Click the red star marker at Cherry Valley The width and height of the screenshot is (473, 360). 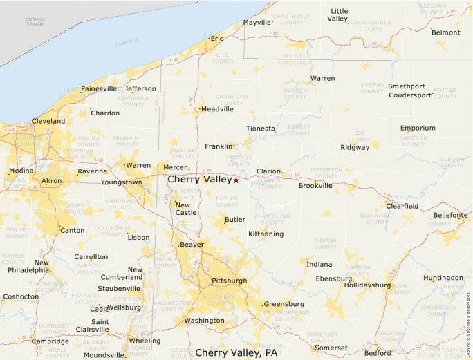click(x=236, y=180)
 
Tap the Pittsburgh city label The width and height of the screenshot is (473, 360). click(x=228, y=281)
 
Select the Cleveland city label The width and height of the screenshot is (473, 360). click(x=48, y=121)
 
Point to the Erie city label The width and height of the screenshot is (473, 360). click(x=217, y=39)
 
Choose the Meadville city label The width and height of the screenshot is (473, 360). click(x=217, y=109)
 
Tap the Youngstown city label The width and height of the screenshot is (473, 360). click(x=121, y=182)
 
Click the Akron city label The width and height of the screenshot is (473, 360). click(x=51, y=181)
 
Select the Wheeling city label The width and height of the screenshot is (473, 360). click(x=145, y=341)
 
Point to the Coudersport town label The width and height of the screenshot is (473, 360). click(x=410, y=95)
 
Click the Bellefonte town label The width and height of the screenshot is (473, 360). click(x=450, y=216)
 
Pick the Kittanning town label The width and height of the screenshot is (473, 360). click(x=266, y=234)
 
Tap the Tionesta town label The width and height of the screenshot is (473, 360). click(x=261, y=129)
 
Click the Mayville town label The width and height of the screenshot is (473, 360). click(x=258, y=23)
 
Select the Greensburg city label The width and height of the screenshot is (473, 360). click(x=284, y=304)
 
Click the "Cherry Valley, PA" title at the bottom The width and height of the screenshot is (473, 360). click(x=236, y=352)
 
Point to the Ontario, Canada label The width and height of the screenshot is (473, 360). click(x=35, y=21)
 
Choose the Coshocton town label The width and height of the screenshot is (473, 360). click(x=21, y=296)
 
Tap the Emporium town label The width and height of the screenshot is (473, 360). click(x=418, y=128)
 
